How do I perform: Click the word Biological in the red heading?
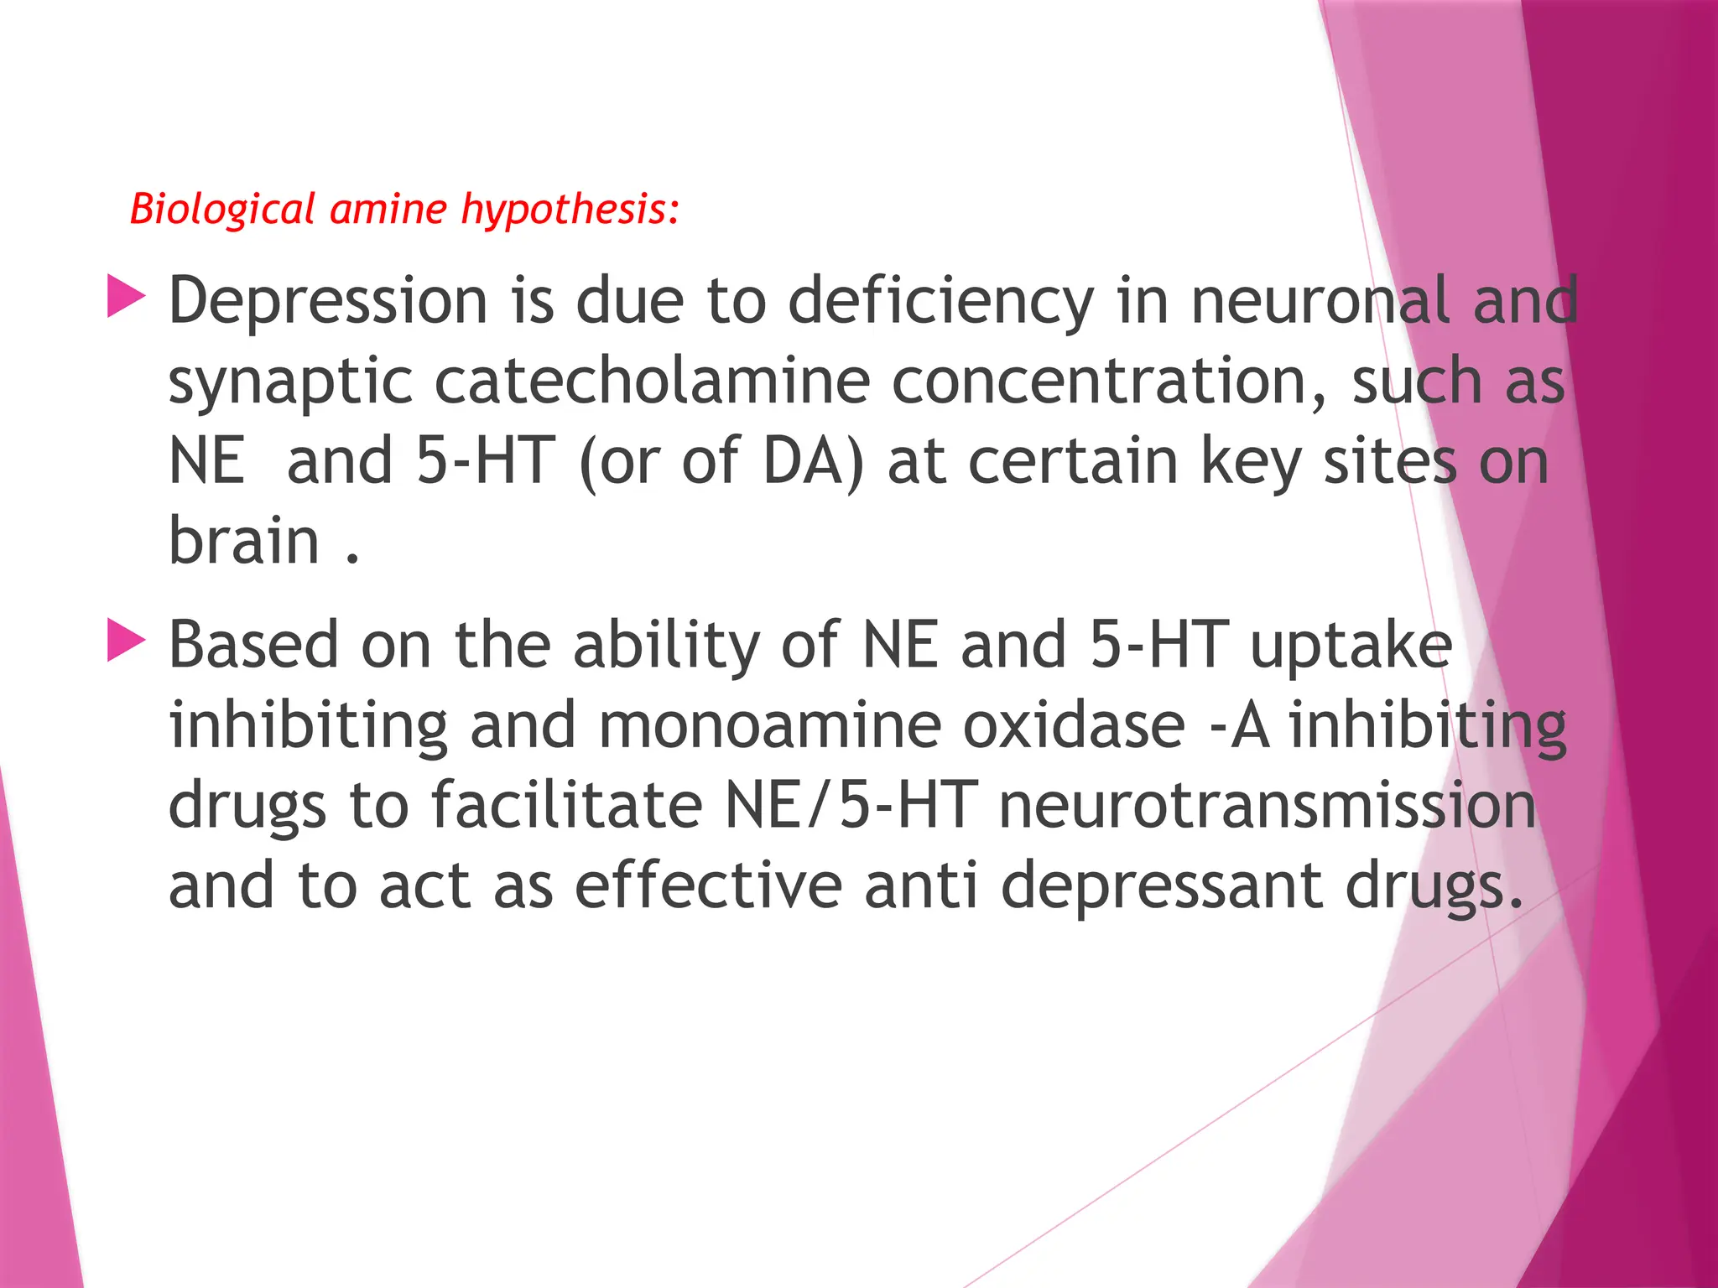pyautogui.click(x=222, y=209)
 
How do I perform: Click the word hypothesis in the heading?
pyautogui.click(x=567, y=209)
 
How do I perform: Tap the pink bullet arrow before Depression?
pyautogui.click(x=127, y=299)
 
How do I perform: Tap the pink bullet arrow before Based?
pyautogui.click(x=127, y=641)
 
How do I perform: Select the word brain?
pyautogui.click(x=244, y=540)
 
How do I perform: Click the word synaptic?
pyautogui.click(x=290, y=381)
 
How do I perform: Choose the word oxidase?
pyautogui.click(x=1074, y=724)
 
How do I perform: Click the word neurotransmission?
pyautogui.click(x=1267, y=805)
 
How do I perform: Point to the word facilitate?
pyautogui.click(x=566, y=805)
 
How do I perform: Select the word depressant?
pyautogui.click(x=1162, y=885)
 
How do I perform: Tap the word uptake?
pyautogui.click(x=1351, y=645)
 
